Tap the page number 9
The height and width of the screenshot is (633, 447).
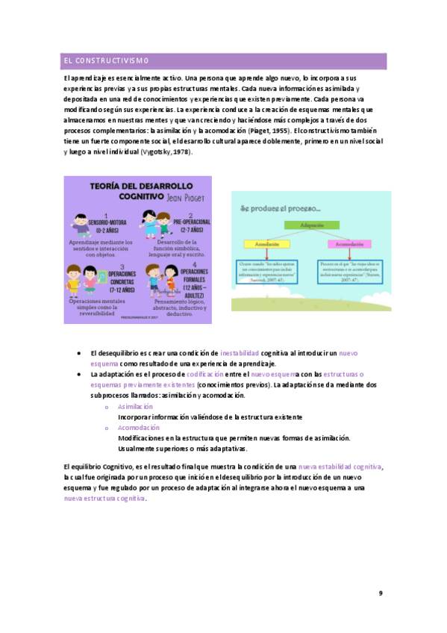point(380,593)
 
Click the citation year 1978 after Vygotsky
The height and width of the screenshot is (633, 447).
point(181,152)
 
